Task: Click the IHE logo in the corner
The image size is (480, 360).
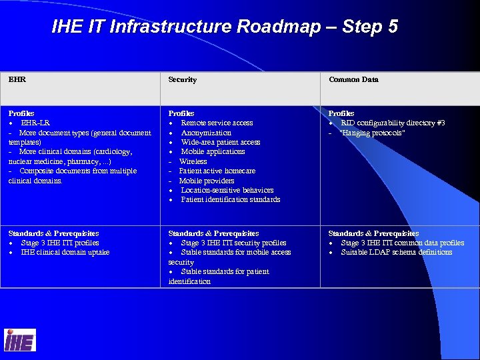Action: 20,340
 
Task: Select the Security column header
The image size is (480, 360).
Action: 182,79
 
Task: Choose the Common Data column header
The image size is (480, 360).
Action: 353,79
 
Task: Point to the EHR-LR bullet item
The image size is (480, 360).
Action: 35,123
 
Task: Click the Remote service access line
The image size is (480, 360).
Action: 217,123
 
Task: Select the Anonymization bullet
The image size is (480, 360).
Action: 206,133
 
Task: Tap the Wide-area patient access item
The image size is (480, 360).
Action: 220,142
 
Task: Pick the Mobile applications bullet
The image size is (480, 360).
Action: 213,151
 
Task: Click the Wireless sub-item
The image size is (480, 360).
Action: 193,161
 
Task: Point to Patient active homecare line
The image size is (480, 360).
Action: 217,171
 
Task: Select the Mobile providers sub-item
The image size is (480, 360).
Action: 206,181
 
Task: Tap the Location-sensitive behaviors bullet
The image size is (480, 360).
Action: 227,190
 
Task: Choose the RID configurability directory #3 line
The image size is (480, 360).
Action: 393,123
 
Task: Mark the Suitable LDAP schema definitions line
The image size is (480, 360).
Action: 396,252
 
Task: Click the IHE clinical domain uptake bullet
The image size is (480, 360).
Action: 65,252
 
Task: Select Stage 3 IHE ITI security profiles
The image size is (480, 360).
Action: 233,243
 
